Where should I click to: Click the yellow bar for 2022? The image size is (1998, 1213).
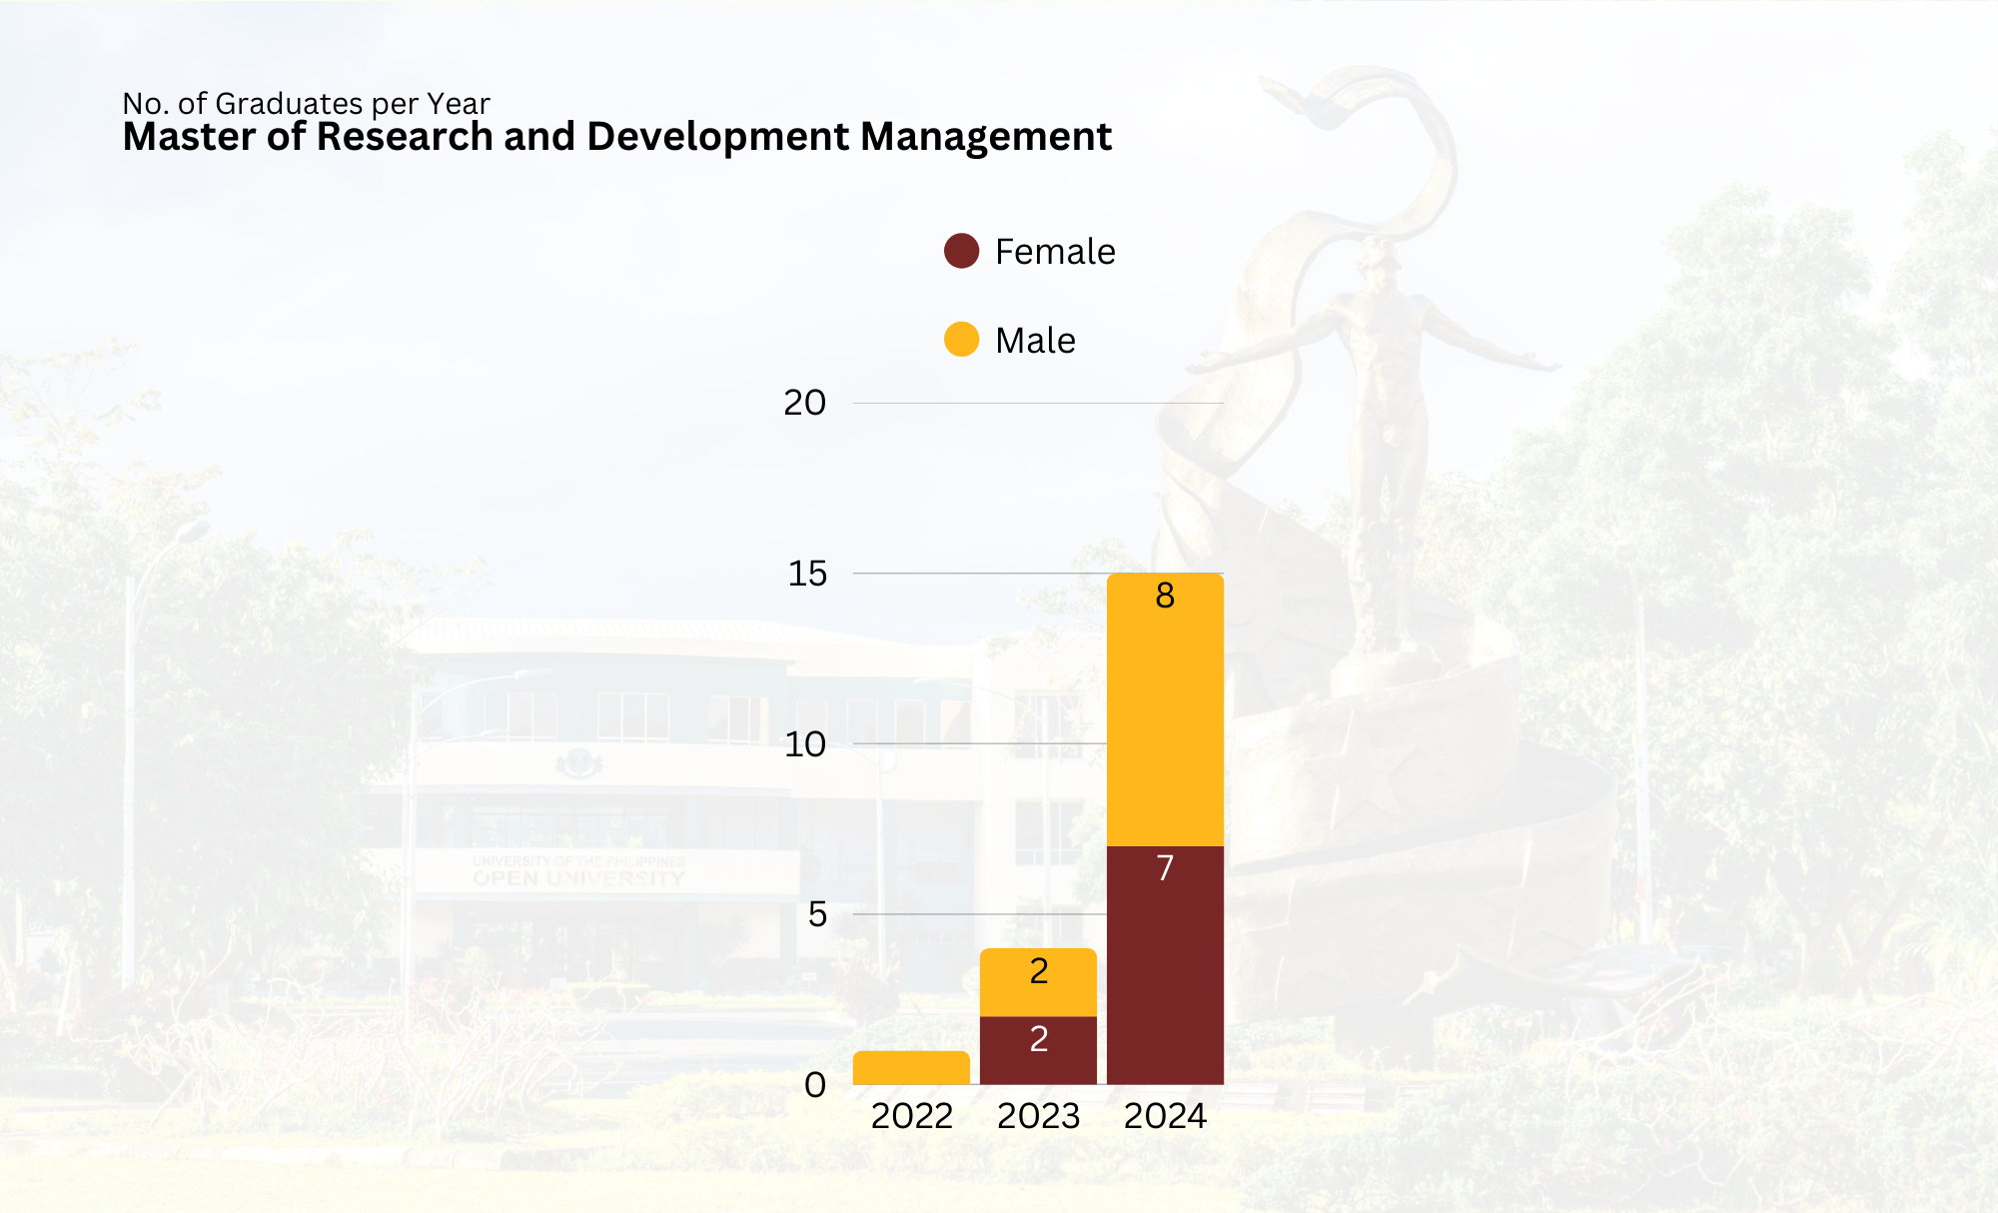[x=911, y=1067]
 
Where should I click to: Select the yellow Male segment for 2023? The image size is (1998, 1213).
[x=1038, y=982]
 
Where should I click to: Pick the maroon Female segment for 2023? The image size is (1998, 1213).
[x=1038, y=1050]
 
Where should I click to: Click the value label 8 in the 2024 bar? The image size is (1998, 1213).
[x=1165, y=596]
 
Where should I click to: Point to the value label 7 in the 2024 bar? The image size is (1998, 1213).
[x=1165, y=868]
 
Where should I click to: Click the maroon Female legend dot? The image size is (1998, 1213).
[x=961, y=251]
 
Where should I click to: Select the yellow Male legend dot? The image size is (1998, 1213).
[x=961, y=340]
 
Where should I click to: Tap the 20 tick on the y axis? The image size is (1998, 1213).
[x=804, y=403]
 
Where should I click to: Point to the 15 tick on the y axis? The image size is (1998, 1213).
[x=807, y=574]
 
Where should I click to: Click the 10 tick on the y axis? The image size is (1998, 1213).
[x=805, y=744]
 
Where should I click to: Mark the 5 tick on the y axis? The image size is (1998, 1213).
[x=817, y=914]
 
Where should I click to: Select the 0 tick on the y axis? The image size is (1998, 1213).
[x=815, y=1085]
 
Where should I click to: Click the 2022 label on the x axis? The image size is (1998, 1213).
[x=911, y=1116]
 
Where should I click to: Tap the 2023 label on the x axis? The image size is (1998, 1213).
[x=1038, y=1116]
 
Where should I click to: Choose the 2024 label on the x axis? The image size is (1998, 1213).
[x=1165, y=1116]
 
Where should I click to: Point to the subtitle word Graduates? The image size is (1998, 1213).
[x=289, y=104]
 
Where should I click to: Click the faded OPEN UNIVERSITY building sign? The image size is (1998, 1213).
[x=578, y=878]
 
